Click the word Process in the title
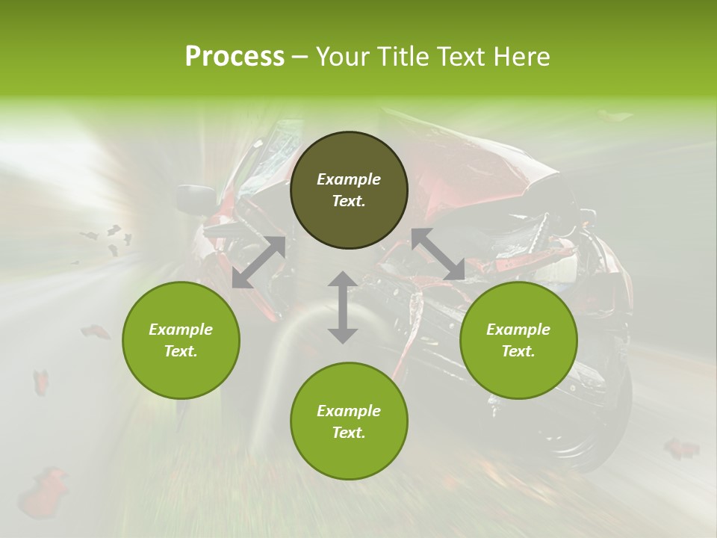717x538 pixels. point(235,57)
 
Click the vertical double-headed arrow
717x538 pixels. point(342,307)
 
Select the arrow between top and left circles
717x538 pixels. point(258,262)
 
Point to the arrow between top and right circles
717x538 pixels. point(438,254)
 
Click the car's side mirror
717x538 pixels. point(194,198)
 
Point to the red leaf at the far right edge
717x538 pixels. point(681,448)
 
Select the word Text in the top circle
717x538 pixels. point(349,201)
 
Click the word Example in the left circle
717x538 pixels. point(181,330)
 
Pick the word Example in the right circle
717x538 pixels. point(518,330)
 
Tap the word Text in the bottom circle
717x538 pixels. point(349,433)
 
